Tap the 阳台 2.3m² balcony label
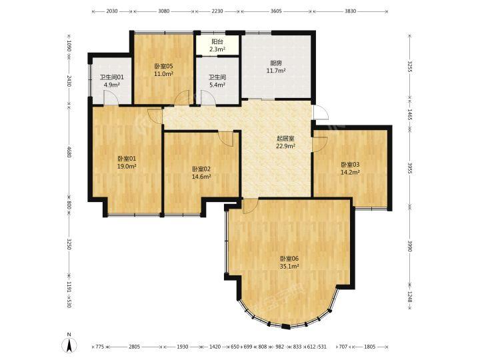pos(217,45)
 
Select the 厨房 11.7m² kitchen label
pos(276,67)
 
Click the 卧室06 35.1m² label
pos(289,263)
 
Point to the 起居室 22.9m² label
pos(285,142)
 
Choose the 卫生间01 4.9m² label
pos(112,81)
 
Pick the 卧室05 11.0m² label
pos(164,70)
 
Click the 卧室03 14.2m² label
pos(350,169)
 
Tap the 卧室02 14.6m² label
pos(201,173)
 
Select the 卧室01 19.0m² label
pos(127,163)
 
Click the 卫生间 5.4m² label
pos(217,81)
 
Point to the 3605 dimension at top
pos(277,11)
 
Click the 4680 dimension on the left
pos(69,152)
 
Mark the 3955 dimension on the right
pos(409,169)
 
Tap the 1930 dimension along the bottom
pos(183,347)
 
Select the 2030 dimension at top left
pos(112,11)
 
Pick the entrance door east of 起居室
pos(320,112)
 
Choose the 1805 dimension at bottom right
pos(369,347)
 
